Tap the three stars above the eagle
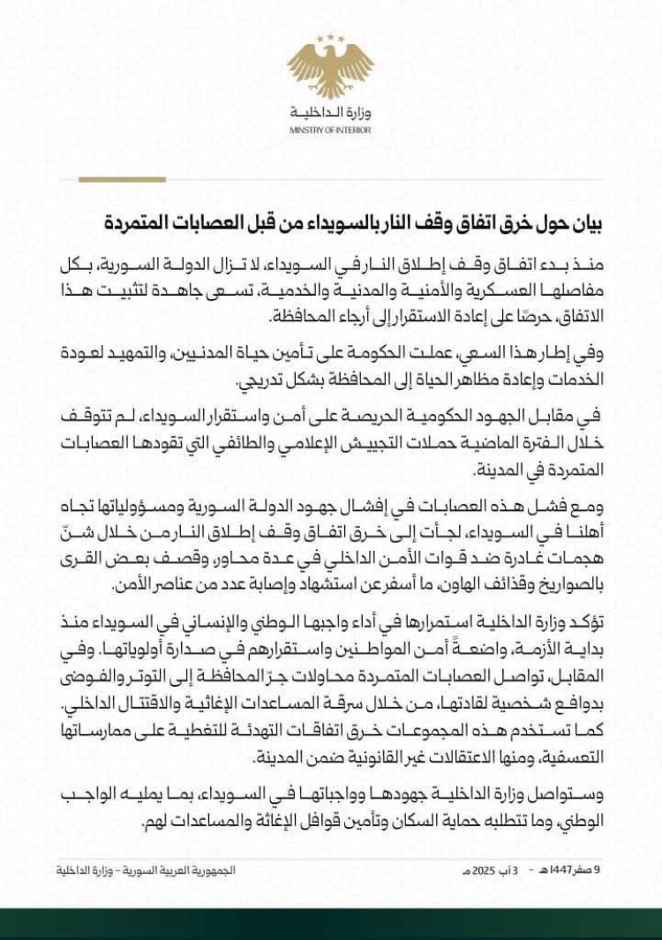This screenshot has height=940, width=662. click(x=330, y=38)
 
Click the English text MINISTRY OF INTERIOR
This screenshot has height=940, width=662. click(x=330, y=130)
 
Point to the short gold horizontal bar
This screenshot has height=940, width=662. click(x=109, y=179)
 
